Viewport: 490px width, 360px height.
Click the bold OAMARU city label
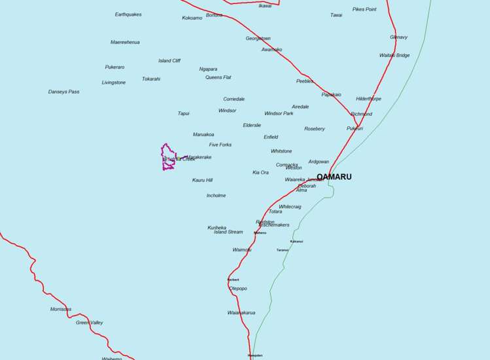[334, 177]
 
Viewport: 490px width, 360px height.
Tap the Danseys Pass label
[63, 92]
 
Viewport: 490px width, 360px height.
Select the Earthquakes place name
[128, 14]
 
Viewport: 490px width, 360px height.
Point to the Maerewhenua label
[125, 43]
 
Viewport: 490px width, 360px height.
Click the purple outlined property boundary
[168, 157]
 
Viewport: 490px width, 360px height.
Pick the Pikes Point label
[364, 9]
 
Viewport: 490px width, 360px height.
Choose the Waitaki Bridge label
[394, 56]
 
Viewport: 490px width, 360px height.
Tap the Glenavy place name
[398, 37]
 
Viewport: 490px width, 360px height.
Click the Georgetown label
[258, 39]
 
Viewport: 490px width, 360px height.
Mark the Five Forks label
[220, 145]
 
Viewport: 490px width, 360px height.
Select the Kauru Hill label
[202, 180]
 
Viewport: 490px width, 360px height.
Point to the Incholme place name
[216, 196]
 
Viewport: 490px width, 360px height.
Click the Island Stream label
[228, 232]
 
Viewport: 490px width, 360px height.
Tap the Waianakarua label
[241, 313]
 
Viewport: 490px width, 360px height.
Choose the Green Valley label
[89, 323]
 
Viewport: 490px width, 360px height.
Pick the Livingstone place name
[114, 82]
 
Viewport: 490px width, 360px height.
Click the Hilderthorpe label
[368, 99]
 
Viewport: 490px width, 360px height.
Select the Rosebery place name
[314, 129]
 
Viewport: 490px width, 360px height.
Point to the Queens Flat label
[219, 77]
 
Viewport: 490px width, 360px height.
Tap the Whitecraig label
[290, 207]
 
